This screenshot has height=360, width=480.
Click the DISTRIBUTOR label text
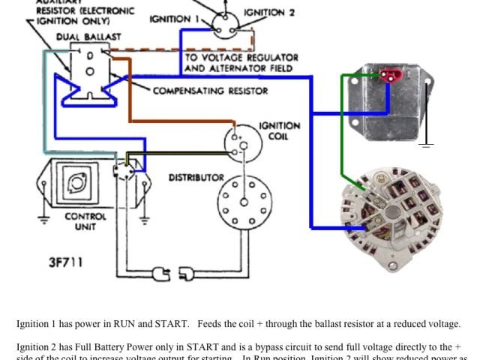(196, 178)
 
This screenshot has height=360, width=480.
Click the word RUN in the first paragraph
(124, 324)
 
